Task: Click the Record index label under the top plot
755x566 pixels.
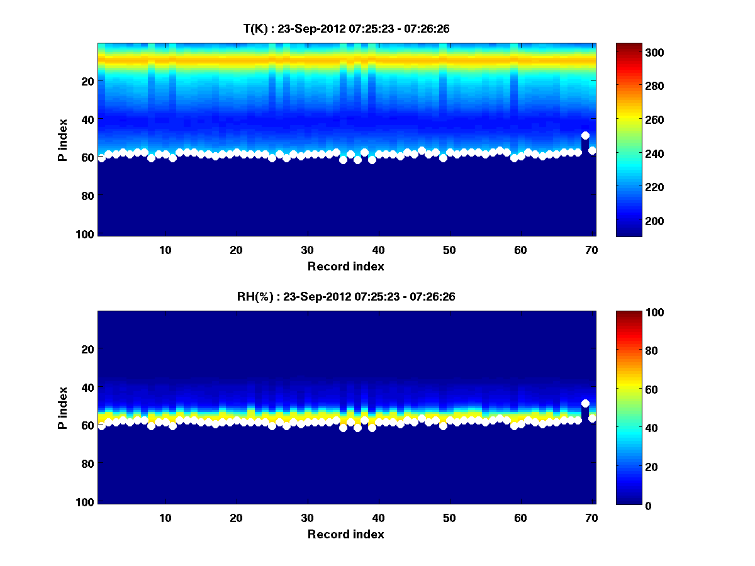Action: tap(345, 266)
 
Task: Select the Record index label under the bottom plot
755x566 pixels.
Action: tap(345, 534)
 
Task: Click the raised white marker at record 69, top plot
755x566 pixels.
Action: tap(585, 135)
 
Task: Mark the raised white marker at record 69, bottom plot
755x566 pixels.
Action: tap(585, 403)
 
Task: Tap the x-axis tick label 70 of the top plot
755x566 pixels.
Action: tap(591, 250)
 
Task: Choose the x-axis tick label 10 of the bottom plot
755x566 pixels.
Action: tap(165, 518)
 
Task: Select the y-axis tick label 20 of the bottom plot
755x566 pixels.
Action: tap(87, 349)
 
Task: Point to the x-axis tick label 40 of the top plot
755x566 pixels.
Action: tap(378, 250)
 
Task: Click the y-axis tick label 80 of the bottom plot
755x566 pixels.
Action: tap(87, 463)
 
